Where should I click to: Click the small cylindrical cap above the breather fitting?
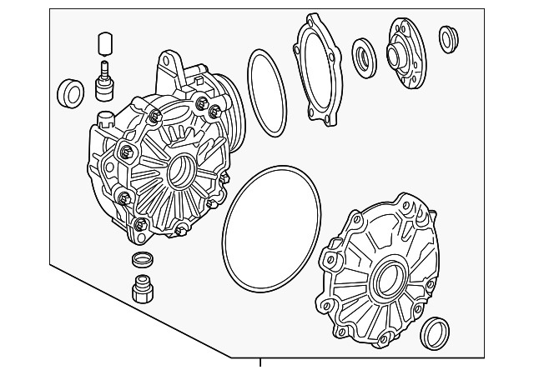click(104, 42)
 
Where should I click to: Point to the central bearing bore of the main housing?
click(181, 173)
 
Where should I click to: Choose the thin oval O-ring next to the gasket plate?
click(266, 92)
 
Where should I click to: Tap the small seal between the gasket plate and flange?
click(365, 56)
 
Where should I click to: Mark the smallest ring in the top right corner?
click(449, 38)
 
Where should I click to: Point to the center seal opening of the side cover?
click(387, 282)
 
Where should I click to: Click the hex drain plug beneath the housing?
click(143, 287)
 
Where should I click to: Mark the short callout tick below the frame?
click(260, 362)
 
